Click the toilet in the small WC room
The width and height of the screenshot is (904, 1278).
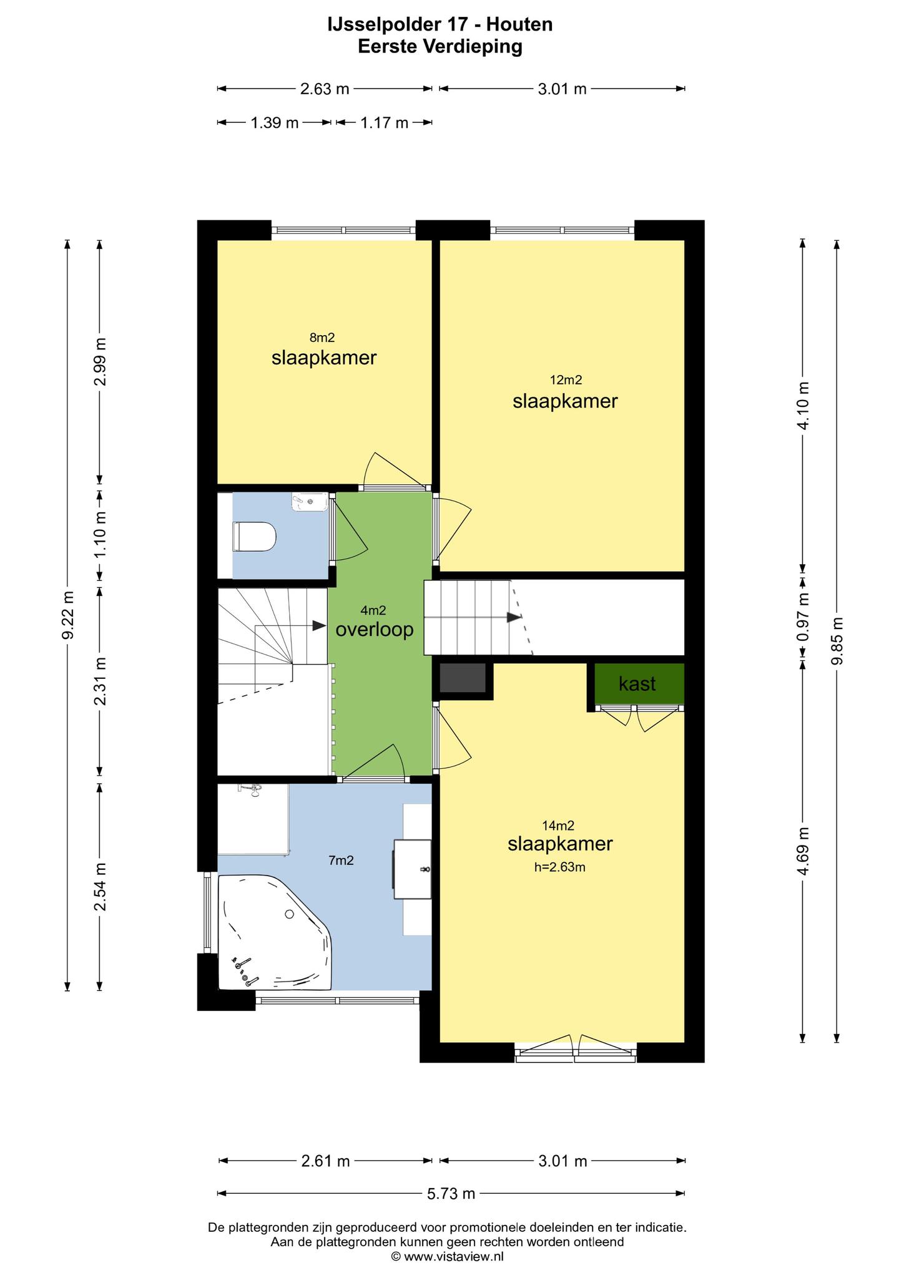click(254, 537)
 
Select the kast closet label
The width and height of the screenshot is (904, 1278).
click(637, 684)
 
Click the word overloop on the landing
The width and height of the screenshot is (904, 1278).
click(375, 630)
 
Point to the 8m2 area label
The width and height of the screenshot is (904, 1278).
click(322, 338)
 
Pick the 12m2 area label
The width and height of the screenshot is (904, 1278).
click(566, 379)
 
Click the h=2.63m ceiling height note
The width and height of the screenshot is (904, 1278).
click(559, 867)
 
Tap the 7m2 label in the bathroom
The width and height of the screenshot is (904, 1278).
click(341, 861)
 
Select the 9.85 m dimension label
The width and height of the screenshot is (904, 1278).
click(837, 641)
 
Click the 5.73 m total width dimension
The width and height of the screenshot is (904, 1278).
click(451, 1194)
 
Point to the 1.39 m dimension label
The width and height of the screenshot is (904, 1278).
click(275, 123)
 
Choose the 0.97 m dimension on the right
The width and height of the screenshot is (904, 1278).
click(803, 617)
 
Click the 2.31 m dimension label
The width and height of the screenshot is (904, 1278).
click(100, 681)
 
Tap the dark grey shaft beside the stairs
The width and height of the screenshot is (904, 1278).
click(463, 678)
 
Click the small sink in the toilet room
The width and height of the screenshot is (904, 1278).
click(310, 501)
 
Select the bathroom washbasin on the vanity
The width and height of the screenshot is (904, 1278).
click(413, 869)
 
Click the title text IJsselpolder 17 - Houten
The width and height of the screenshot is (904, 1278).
click(440, 24)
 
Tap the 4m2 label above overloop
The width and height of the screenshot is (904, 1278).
click(373, 610)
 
